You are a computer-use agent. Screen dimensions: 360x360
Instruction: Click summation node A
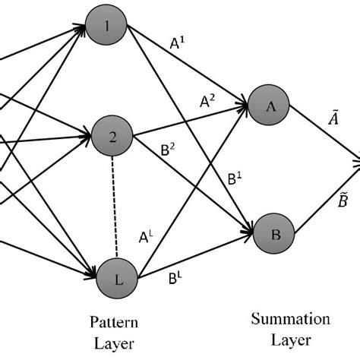270,108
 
